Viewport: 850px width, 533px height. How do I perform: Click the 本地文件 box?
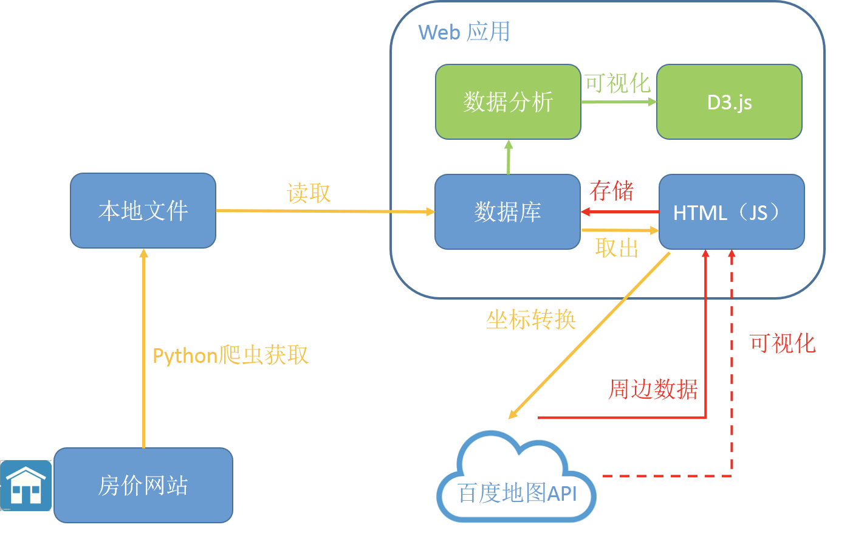pos(143,210)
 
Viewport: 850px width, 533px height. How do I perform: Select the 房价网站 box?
pos(143,485)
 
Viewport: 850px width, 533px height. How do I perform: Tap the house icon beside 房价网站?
pos(26,485)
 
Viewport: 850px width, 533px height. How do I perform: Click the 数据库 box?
pos(507,211)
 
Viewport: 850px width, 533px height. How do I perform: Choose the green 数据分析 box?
pos(508,101)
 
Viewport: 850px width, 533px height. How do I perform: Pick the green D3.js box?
pos(729,101)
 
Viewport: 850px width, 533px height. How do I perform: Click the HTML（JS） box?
pos(732,211)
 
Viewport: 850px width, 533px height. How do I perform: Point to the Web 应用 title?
pos(464,32)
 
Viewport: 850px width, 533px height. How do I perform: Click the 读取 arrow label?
pos(309,193)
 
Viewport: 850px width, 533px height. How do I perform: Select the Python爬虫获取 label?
pos(230,356)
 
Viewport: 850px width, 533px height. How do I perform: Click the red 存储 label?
pos(611,191)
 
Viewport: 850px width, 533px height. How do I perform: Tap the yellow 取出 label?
pos(617,248)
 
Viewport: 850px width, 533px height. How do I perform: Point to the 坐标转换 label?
pos(530,320)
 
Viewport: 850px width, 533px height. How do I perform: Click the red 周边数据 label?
pos(653,389)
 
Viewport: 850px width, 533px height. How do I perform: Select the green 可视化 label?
pos(617,83)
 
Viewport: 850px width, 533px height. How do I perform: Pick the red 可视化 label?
pos(782,343)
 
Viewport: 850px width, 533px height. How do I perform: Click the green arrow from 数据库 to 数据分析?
pos(509,157)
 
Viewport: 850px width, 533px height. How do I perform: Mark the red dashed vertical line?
pos(732,365)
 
